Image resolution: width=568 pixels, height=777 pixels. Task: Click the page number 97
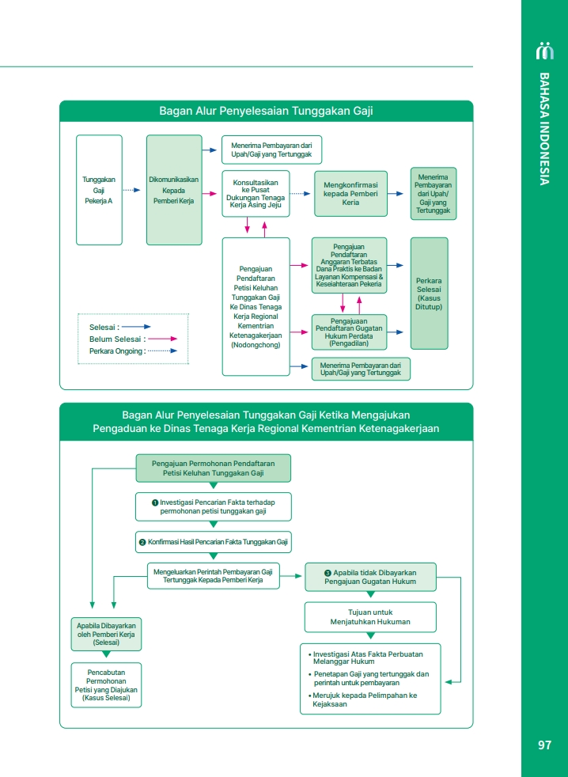[543, 745]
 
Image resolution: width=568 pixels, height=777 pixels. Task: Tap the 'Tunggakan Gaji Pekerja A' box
[99, 190]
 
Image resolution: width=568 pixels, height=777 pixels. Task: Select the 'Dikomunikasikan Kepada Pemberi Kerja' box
[173, 190]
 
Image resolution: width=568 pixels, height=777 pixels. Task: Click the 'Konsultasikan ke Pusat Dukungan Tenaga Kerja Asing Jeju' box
[255, 193]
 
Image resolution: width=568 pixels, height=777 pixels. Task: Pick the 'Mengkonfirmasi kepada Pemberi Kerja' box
[350, 194]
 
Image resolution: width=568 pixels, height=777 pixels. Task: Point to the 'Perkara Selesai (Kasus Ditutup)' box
[429, 294]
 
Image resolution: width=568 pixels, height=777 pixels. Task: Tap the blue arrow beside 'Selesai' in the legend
[136, 326]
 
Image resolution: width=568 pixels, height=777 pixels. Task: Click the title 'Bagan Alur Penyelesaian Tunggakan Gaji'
[266, 112]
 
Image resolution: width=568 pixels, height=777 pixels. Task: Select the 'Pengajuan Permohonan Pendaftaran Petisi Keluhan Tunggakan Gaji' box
[213, 468]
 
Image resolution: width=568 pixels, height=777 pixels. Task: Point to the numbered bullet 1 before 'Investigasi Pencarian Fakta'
[155, 502]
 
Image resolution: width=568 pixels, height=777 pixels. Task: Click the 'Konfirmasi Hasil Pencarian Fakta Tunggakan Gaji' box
[213, 542]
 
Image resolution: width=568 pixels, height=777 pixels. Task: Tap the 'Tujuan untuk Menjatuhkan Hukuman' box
[370, 617]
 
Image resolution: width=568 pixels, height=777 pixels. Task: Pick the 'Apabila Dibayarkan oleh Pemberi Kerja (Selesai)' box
[106, 635]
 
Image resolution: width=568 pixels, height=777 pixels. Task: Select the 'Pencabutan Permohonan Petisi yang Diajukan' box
[106, 685]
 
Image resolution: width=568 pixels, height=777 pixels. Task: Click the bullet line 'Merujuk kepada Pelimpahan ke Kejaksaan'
[364, 699]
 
